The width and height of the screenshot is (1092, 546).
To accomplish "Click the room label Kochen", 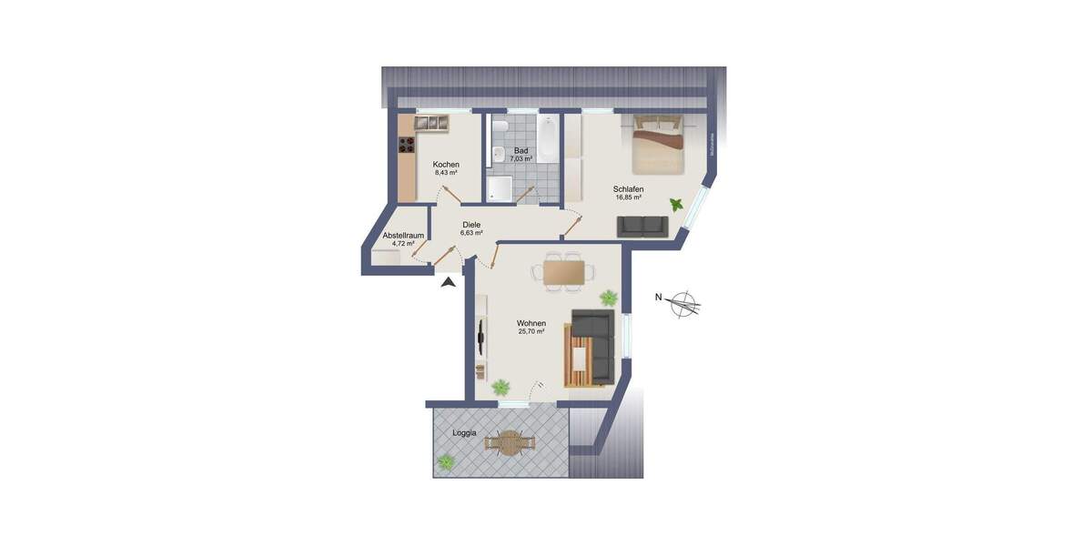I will pos(445,164).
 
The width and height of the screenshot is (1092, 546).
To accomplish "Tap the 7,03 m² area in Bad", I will pos(521,159).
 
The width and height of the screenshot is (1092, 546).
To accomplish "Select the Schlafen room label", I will pos(629,189).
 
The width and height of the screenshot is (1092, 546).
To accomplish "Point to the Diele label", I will pos(471,225).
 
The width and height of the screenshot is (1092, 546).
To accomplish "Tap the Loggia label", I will pos(464,433).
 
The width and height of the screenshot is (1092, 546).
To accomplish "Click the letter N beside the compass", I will pos(658,297).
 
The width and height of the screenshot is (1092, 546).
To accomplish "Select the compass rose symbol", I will pos(683,305).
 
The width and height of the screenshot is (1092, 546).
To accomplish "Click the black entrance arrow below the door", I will pos(447,283).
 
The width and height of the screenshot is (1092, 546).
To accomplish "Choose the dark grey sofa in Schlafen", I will pos(642,226).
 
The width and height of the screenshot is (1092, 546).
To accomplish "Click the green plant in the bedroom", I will pos(676,205).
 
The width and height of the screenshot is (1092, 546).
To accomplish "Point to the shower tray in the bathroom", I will pos(500,187).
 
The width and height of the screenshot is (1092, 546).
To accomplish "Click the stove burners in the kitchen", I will pos(406,145).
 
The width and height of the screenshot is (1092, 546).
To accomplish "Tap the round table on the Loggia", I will pos(509,443).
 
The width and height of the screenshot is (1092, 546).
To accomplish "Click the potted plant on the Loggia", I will pos(446,462).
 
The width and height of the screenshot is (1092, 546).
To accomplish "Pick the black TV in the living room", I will pos(480,338).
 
